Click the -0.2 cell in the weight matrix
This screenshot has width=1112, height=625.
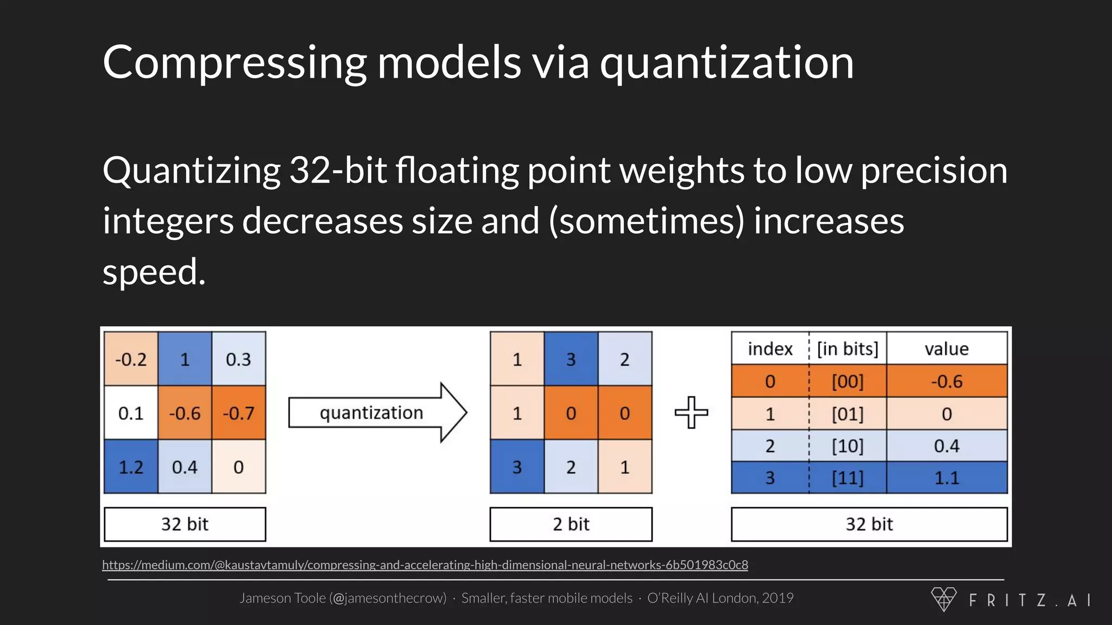(x=131, y=359)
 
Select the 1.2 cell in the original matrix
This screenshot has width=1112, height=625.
(x=131, y=467)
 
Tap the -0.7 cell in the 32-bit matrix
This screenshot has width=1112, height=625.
(x=238, y=413)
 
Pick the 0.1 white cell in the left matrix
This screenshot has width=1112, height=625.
(x=131, y=413)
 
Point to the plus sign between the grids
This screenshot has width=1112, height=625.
(x=691, y=412)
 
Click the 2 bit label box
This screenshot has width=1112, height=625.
(x=571, y=524)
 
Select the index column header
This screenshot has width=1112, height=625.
(x=770, y=348)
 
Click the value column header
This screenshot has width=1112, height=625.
(x=946, y=348)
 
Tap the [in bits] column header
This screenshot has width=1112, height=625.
(x=848, y=348)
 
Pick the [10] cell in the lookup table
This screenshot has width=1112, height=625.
(x=848, y=446)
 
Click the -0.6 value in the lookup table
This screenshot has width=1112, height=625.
(x=946, y=381)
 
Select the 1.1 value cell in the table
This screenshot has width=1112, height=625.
(x=946, y=478)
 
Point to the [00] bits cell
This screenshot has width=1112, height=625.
(x=848, y=381)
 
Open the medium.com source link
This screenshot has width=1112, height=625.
(x=425, y=565)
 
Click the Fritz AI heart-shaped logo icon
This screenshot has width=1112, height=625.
(x=944, y=599)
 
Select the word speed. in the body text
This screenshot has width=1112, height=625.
(x=154, y=272)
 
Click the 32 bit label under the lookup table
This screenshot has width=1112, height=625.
(x=869, y=524)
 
